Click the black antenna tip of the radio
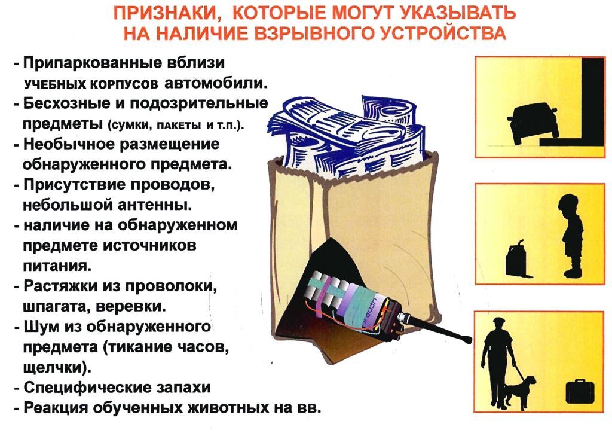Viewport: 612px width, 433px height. [x=467, y=340]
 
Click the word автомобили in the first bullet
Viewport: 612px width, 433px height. [x=216, y=83]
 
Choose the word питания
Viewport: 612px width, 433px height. [x=57, y=266]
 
